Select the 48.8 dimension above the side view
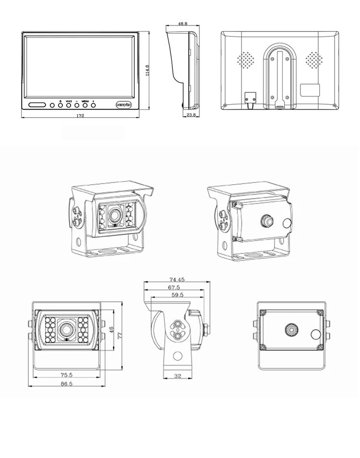182,24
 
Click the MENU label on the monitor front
85,101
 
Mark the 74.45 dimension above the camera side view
177,279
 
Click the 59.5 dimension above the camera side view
176,295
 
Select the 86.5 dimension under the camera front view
67,384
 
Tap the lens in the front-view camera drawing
66,329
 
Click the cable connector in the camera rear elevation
290,330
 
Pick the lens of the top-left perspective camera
114,213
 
